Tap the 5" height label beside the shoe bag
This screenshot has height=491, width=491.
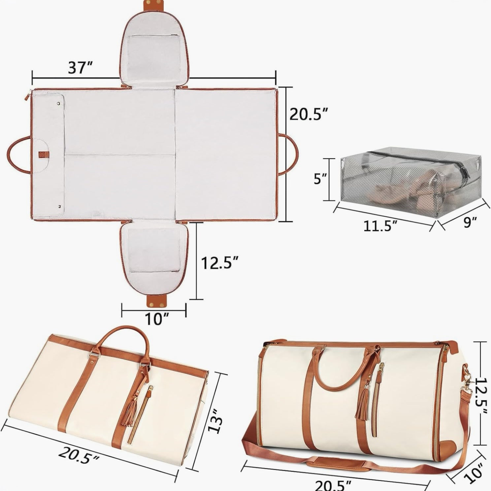click(320, 178)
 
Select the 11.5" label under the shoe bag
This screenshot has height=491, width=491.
click(380, 226)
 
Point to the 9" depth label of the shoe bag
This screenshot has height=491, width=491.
click(470, 222)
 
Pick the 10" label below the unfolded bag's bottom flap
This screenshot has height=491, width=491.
click(157, 319)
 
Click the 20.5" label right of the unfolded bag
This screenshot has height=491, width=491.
click(309, 114)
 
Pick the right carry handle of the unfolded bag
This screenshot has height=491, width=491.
click(290, 155)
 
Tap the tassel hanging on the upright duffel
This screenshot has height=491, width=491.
click(363, 404)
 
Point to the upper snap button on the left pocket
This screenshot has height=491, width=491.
click(58, 103)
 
